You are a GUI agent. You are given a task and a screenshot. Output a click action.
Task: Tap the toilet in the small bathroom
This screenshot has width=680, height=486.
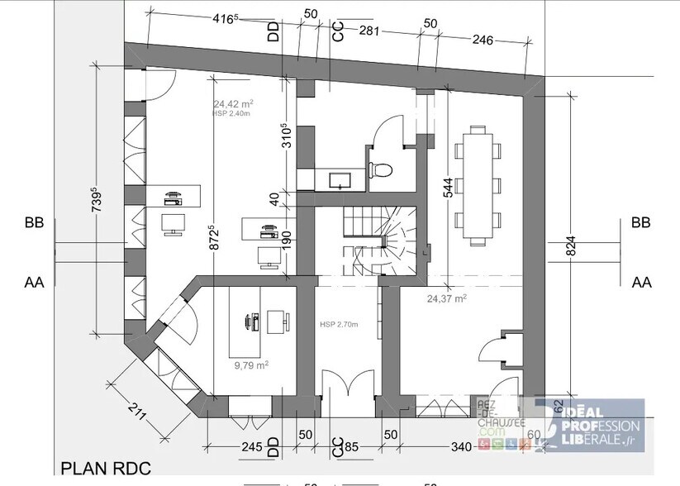pos(381,169)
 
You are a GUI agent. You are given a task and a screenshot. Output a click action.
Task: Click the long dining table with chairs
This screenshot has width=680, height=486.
pos(477,185)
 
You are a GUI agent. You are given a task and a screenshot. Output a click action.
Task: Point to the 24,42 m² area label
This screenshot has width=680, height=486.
pos(233,104)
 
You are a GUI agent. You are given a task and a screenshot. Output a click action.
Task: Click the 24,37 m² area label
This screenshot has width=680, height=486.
pos(446,298)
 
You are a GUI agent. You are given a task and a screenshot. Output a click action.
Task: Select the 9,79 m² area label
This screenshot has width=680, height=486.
pos(250,363)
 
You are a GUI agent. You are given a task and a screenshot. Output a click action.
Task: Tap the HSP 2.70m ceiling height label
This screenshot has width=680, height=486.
pos(340,325)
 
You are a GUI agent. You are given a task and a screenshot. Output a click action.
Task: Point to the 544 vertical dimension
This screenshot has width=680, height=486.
pos(447,190)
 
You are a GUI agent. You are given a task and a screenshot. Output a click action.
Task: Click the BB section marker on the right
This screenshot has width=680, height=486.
pos(640,222)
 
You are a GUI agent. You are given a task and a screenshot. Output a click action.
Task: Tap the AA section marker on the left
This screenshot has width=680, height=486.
pos(34,282)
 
